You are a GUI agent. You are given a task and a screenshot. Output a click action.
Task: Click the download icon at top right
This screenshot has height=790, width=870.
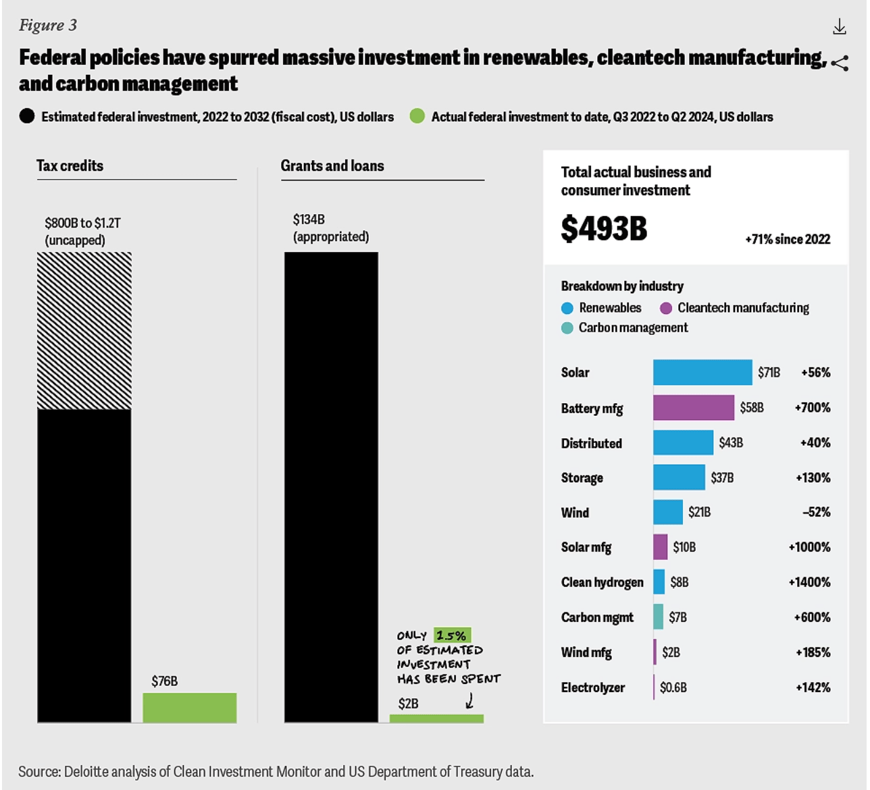[839, 27]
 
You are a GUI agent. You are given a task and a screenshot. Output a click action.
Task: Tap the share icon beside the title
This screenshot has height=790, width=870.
[840, 63]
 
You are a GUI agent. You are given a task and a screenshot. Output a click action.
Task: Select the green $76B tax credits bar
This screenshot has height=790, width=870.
[190, 708]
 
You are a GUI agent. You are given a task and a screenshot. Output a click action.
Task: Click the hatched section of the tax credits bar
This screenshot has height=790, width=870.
[84, 331]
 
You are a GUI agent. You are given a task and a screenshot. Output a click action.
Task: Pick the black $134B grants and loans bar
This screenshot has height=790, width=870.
[331, 486]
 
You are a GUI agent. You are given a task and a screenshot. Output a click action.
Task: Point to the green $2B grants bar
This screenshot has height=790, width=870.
[436, 718]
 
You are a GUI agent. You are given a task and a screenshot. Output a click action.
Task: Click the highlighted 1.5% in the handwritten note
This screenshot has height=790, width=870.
[452, 635]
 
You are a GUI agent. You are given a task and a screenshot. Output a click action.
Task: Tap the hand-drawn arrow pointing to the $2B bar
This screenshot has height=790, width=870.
[469, 702]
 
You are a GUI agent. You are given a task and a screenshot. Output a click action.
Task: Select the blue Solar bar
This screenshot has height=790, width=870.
[702, 372]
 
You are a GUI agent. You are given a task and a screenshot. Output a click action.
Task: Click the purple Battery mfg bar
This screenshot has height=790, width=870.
[693, 408]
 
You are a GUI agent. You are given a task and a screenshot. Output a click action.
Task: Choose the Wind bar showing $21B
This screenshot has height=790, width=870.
[667, 512]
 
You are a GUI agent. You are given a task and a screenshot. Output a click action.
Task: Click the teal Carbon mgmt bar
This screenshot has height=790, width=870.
[658, 616]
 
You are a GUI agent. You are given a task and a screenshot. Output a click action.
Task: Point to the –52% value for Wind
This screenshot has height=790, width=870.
[816, 512]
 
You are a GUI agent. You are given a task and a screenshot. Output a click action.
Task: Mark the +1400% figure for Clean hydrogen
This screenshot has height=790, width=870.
[809, 582]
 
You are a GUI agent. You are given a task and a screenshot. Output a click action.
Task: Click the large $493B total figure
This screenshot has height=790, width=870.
[604, 228]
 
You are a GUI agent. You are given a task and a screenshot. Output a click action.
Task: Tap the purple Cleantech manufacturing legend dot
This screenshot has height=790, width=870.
[666, 309]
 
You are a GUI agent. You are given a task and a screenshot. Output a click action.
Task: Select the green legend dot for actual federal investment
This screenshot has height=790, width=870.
[417, 116]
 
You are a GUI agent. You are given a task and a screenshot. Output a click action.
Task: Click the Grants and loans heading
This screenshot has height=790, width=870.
[332, 166]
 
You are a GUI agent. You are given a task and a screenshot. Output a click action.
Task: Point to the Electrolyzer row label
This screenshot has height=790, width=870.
[592, 687]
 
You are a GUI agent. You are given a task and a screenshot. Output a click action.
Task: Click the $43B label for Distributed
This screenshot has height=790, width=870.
[731, 443]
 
